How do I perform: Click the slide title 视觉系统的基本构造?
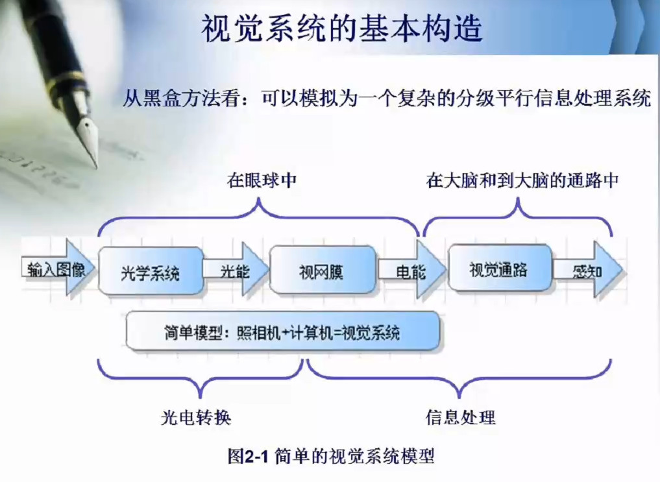point(342,29)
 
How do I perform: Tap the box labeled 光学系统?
point(150,271)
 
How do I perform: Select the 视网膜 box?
point(322,270)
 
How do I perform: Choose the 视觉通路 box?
point(499,269)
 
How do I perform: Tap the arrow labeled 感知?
point(588,270)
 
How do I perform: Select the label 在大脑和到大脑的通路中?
point(522,180)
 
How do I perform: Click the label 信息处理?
point(460,416)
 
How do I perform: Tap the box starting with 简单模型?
point(283,333)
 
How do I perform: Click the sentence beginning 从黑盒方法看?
point(386,99)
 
